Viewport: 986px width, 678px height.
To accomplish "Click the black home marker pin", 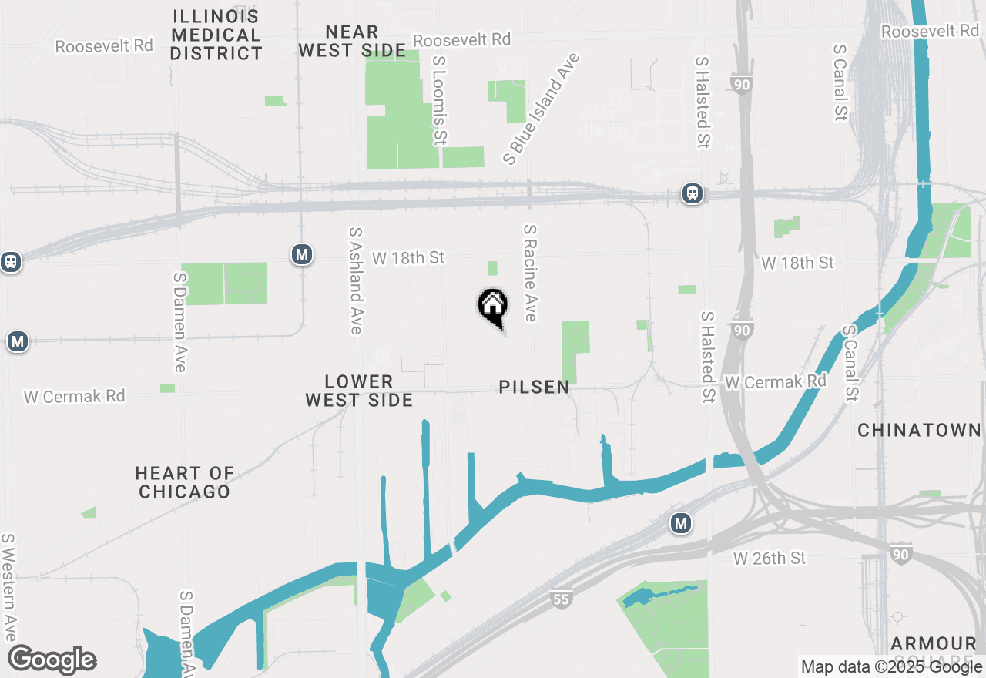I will (x=492, y=305).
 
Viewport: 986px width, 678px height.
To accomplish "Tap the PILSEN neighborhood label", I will (x=534, y=387).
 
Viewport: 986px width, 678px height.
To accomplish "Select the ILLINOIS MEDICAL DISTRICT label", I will (x=216, y=35).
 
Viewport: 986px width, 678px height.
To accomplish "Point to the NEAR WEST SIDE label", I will (x=352, y=42).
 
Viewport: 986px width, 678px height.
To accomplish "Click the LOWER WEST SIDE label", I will (x=359, y=391).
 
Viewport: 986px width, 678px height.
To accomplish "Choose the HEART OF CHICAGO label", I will (x=184, y=482).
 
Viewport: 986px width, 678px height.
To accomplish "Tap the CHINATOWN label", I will (x=920, y=430).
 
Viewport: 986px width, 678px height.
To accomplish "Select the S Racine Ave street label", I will (x=530, y=273).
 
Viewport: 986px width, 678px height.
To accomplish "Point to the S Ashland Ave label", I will (x=355, y=280).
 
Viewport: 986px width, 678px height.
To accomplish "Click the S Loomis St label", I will (x=439, y=100).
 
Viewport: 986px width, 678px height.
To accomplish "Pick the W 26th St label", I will (x=769, y=558).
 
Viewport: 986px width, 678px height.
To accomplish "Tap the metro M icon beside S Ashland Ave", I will (x=302, y=254).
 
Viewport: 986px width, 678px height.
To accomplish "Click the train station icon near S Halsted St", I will (x=693, y=193).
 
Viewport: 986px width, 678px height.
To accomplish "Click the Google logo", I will (x=52, y=660).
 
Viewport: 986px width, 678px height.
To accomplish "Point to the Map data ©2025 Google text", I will (x=891, y=667).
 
